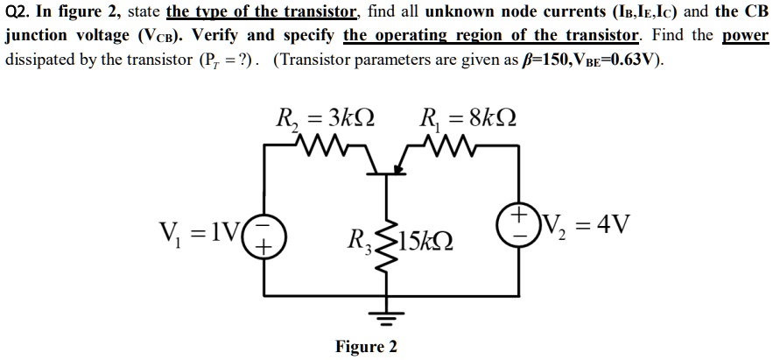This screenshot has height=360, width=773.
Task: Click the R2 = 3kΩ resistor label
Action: (325, 117)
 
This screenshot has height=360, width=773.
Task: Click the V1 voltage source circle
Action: (261, 236)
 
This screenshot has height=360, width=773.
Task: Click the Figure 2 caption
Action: (366, 347)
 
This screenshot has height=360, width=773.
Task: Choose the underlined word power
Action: (745, 38)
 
